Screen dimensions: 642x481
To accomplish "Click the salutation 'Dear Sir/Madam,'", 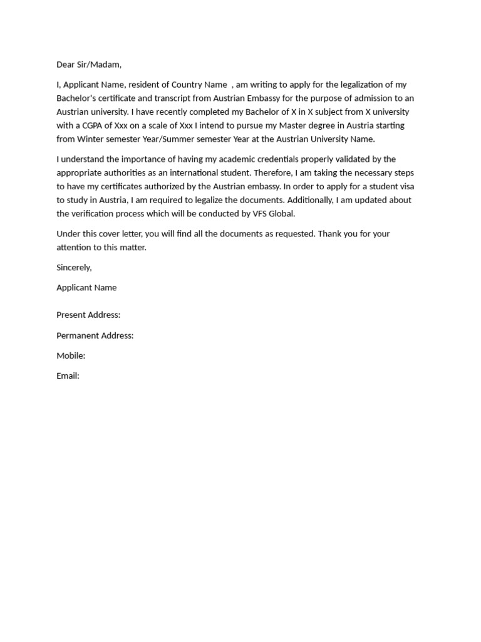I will [x=89, y=65].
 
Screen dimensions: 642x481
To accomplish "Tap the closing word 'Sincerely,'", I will [x=74, y=268].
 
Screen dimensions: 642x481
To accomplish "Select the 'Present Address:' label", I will [x=88, y=315].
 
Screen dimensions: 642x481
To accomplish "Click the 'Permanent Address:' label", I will [x=95, y=335].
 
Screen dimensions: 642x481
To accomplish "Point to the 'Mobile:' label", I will [x=71, y=355].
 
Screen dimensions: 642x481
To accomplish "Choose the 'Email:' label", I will [x=68, y=376].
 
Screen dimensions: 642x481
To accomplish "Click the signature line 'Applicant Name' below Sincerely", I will [x=86, y=288].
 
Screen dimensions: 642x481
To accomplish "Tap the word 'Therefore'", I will [x=250, y=173].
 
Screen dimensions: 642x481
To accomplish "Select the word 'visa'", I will [x=405, y=187].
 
